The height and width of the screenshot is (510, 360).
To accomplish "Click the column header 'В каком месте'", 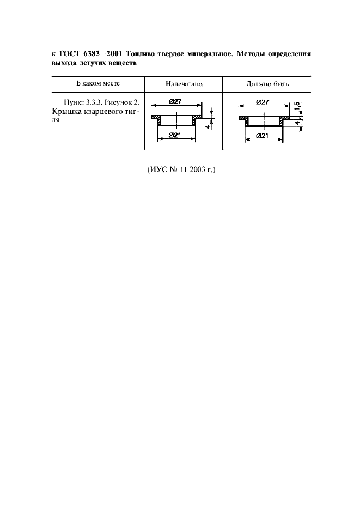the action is (98, 83).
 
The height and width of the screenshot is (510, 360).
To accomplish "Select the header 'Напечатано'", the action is (184, 84).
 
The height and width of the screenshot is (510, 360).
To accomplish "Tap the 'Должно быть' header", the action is (267, 84).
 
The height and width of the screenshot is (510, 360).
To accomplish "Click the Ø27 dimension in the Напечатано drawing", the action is (175, 101).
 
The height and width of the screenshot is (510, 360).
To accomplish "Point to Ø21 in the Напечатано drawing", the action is (175, 135).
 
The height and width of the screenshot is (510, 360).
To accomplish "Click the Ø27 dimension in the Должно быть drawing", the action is (263, 102).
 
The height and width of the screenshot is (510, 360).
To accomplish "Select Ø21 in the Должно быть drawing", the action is (262, 136).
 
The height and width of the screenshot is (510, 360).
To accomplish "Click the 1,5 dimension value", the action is (297, 106).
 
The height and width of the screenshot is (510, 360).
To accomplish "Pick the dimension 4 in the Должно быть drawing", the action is (297, 123).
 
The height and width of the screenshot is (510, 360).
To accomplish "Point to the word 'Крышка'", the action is (63, 112).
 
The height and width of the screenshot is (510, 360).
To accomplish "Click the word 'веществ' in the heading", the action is (123, 63).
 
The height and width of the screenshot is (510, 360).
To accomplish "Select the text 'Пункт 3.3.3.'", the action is (83, 102).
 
